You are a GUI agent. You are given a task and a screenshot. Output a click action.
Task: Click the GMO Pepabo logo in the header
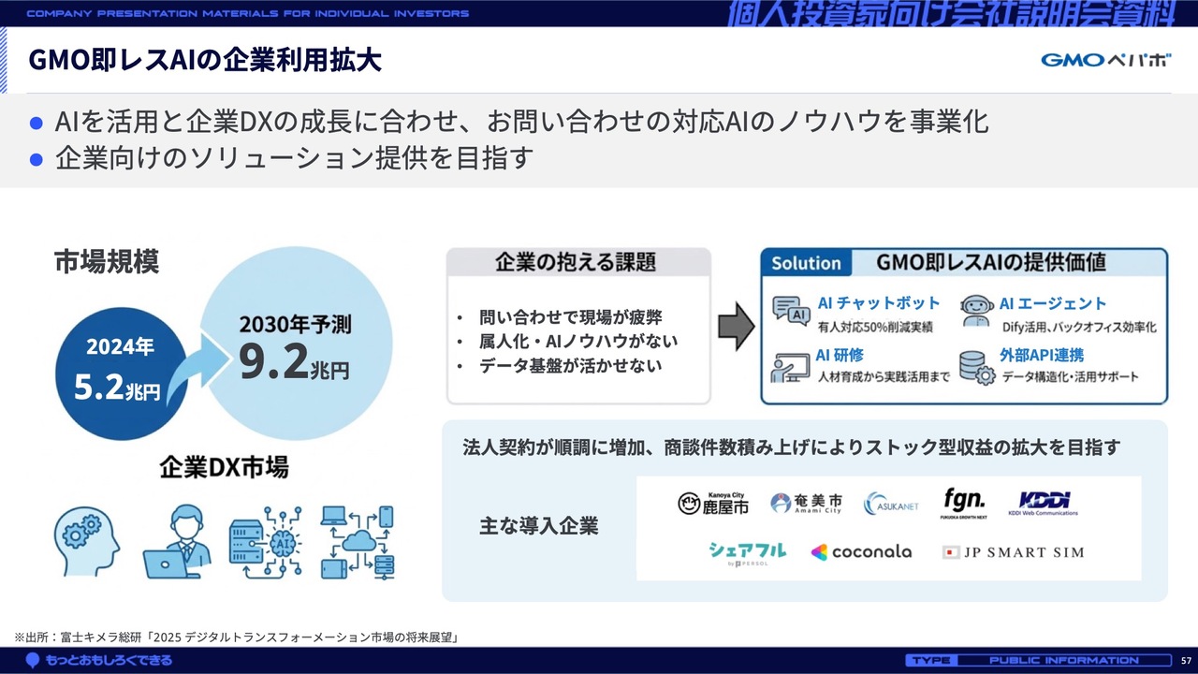click(1105, 60)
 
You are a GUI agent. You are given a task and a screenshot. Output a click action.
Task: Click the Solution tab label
click(806, 263)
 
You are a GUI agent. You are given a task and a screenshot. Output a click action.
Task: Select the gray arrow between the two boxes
click(736, 327)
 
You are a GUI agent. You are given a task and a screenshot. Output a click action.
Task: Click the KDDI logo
click(1043, 503)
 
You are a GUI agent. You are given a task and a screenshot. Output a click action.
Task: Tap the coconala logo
click(862, 552)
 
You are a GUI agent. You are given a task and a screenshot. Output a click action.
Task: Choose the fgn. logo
click(964, 503)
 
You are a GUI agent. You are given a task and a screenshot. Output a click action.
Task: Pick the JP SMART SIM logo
click(1013, 552)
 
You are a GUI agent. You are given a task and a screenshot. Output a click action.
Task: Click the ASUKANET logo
click(891, 504)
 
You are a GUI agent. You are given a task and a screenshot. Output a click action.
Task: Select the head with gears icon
click(87, 541)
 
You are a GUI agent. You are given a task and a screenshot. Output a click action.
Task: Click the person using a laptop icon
click(177, 542)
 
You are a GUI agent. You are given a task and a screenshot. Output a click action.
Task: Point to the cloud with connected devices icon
click(358, 542)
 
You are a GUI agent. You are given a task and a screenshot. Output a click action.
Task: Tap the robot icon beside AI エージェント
click(976, 311)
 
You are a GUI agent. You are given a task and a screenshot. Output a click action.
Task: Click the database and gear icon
click(977, 368)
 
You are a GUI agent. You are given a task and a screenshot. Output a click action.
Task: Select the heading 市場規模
click(107, 261)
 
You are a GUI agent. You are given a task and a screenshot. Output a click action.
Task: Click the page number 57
click(1186, 661)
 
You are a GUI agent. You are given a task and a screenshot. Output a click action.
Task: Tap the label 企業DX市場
click(224, 466)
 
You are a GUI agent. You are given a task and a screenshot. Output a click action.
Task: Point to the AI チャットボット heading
click(879, 303)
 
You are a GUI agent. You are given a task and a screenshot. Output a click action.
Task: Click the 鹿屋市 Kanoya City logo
click(713, 504)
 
